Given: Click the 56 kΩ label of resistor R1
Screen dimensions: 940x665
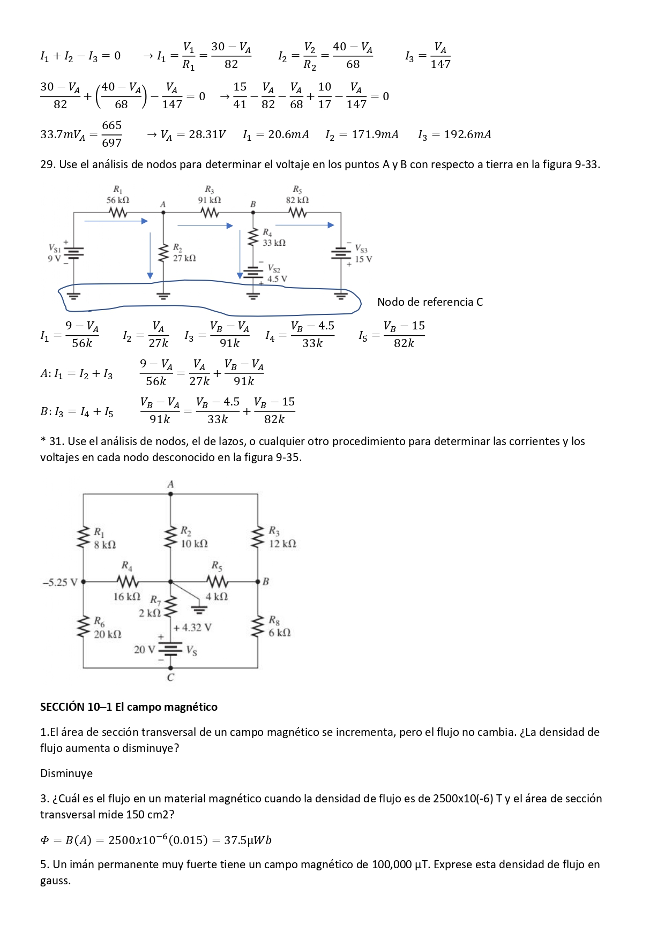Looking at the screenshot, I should click(118, 200).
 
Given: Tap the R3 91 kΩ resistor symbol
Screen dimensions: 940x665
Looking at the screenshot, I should click(210, 213).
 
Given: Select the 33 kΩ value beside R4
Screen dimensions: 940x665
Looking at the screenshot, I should click(274, 243).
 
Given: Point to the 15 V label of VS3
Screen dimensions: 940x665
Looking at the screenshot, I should click(363, 259).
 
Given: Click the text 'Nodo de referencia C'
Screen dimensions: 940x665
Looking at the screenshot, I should click(430, 302).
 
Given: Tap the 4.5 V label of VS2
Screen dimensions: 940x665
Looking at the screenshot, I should click(277, 279).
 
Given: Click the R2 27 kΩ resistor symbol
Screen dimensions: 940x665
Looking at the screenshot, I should click(163, 252).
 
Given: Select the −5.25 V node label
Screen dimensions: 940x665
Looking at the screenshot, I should click(59, 582).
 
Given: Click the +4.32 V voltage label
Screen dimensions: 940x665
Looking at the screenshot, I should click(192, 627).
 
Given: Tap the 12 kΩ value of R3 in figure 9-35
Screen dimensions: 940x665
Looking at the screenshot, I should click(282, 544).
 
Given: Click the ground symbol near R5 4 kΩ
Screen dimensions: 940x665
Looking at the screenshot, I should click(199, 608).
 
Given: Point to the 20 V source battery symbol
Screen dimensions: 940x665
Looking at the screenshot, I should click(170, 649).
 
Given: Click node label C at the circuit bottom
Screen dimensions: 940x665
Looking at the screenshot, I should click(170, 678).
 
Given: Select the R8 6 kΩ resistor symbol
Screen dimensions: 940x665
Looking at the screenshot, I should click(258, 627).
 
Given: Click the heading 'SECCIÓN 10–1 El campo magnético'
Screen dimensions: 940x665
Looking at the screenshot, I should click(129, 707).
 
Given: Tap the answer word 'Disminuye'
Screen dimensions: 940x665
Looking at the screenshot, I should click(66, 773).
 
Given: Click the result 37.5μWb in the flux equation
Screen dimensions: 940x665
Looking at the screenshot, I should click(248, 840).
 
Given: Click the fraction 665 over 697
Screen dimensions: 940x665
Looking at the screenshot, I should click(111, 134).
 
